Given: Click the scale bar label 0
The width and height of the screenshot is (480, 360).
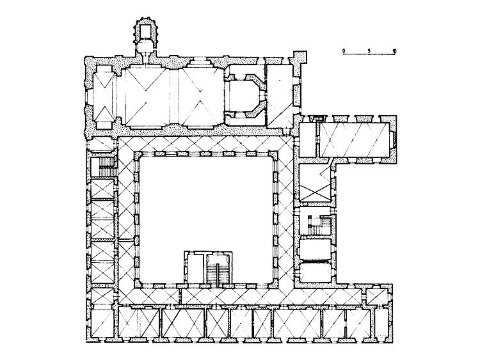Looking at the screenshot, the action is pyautogui.click(x=344, y=50).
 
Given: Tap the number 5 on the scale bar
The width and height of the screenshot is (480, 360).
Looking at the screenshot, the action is pyautogui.click(x=369, y=51).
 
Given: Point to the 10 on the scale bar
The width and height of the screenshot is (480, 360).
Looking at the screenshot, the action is pyautogui.click(x=394, y=51).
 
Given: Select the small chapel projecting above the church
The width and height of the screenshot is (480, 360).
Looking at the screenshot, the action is pyautogui.click(x=145, y=38).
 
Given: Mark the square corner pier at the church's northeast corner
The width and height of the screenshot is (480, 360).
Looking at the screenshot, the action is pyautogui.click(x=300, y=58).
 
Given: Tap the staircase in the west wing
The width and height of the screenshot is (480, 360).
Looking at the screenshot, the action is pyautogui.click(x=106, y=167).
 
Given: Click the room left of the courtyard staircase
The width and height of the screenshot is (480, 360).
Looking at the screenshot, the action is pyautogui.click(x=195, y=268).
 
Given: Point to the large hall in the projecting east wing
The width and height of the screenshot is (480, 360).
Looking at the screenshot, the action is pyautogui.click(x=355, y=139).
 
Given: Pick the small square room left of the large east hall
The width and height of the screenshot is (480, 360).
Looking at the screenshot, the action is pyautogui.click(x=307, y=139).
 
